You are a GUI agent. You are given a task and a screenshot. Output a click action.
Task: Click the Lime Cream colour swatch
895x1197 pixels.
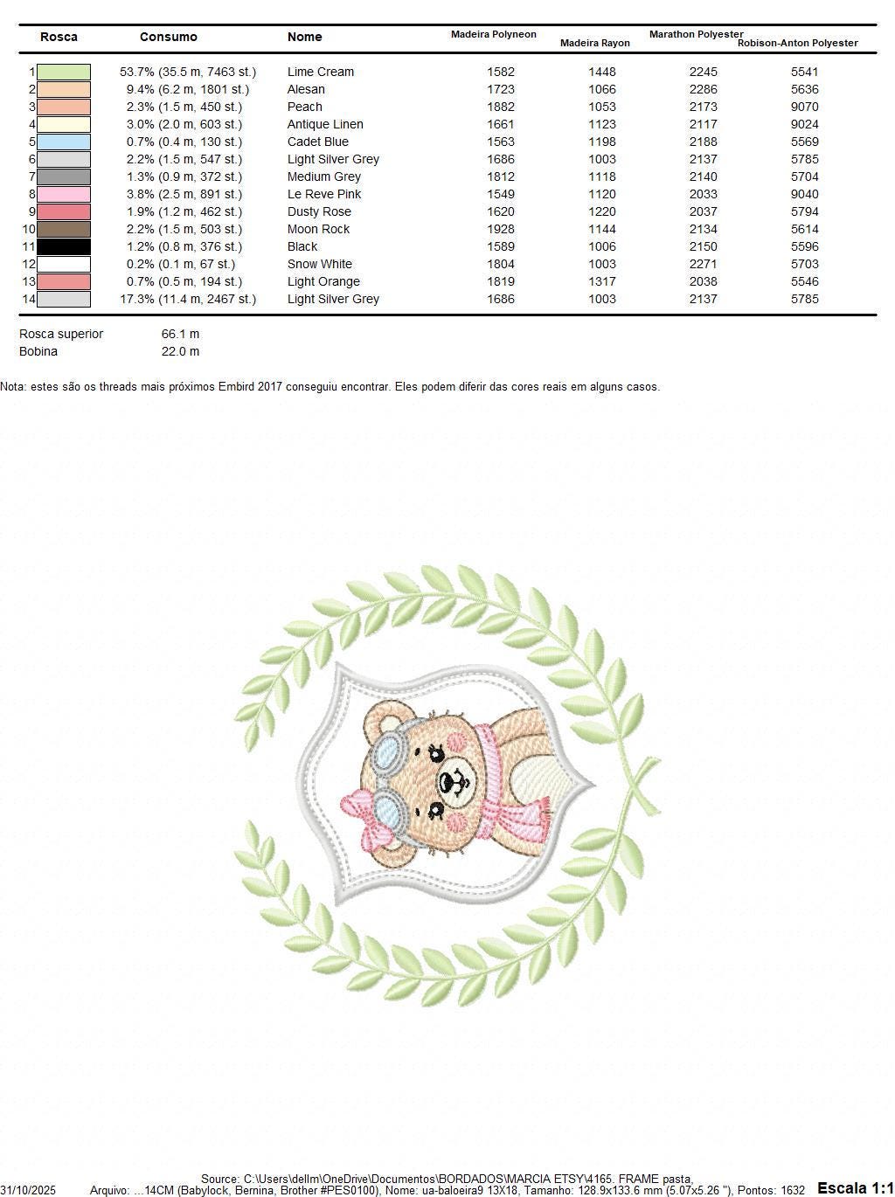(x=64, y=72)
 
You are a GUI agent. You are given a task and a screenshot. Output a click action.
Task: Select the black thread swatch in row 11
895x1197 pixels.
(x=64, y=246)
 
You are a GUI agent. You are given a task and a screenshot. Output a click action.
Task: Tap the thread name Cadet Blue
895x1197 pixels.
(x=317, y=142)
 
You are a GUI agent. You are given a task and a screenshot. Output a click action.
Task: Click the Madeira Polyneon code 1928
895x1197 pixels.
(x=501, y=229)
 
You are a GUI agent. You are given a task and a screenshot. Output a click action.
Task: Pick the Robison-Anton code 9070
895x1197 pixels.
(x=804, y=107)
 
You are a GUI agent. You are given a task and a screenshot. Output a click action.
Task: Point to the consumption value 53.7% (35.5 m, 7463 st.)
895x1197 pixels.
(x=188, y=72)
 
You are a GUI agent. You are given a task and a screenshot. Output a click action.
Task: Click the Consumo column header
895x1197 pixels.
(x=169, y=37)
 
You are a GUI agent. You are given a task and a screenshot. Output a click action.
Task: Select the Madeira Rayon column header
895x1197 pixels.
(x=594, y=43)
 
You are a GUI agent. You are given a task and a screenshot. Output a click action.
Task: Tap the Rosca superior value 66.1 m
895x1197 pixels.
(x=180, y=334)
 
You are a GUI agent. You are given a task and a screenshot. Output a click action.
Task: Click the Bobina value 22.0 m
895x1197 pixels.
(x=180, y=351)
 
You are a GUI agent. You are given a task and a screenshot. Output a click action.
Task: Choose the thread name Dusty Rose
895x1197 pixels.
(x=319, y=211)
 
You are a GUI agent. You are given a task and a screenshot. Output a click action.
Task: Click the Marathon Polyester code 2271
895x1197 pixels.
(x=703, y=264)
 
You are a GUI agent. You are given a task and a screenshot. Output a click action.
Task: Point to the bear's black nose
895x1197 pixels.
(x=454, y=773)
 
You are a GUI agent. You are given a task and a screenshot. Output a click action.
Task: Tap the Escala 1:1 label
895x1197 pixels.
(x=855, y=1187)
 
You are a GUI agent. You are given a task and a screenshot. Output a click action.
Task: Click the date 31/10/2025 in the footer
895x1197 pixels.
(x=28, y=1190)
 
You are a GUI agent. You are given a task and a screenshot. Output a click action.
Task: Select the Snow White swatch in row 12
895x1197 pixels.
(x=64, y=264)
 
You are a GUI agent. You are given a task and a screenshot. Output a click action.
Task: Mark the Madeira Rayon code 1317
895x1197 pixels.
(x=602, y=281)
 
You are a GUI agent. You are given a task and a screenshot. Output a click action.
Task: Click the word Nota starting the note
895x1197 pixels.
(x=12, y=386)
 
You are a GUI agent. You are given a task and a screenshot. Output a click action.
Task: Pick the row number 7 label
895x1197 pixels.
(x=32, y=176)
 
